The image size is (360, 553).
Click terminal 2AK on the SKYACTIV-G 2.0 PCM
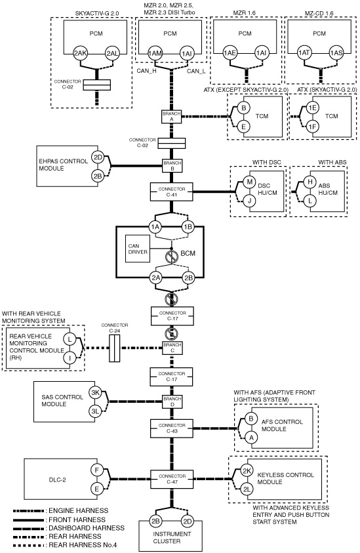coord(80,54)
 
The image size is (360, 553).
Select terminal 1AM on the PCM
coord(155,54)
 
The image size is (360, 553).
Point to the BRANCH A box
coord(172,117)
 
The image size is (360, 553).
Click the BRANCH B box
coord(172,166)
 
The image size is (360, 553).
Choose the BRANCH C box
coord(172,348)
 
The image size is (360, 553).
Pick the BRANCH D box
coord(172,401)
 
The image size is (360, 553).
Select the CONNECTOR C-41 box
coord(172,192)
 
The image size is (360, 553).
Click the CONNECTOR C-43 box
coord(172,428)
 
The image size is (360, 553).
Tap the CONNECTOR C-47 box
coord(172,479)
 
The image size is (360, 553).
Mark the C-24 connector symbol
coord(114,348)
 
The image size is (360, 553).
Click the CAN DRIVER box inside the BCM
coord(138,249)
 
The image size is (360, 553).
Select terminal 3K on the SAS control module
coord(96,392)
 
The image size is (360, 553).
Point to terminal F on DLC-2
coord(96,470)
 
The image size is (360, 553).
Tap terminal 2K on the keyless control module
coord(247,471)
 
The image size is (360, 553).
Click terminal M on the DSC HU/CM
coord(250,182)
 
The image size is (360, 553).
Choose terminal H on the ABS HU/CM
coord(310,182)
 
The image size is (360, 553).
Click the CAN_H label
coord(146,71)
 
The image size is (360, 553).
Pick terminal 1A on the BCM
coord(155,227)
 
